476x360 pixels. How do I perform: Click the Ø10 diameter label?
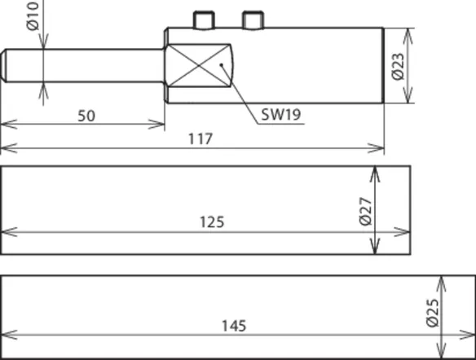coord(33,16)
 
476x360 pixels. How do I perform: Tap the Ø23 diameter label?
coord(399,67)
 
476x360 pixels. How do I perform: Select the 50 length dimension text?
coord(86,116)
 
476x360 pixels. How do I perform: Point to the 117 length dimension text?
coord(201,139)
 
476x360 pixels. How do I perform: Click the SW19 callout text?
coord(281,114)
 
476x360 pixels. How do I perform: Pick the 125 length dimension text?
coord(212,222)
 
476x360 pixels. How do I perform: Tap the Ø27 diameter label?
coord(365,212)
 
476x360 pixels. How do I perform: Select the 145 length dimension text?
coord(234,326)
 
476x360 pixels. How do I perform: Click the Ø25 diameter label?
coord(433,313)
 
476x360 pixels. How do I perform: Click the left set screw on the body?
coord(205,20)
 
